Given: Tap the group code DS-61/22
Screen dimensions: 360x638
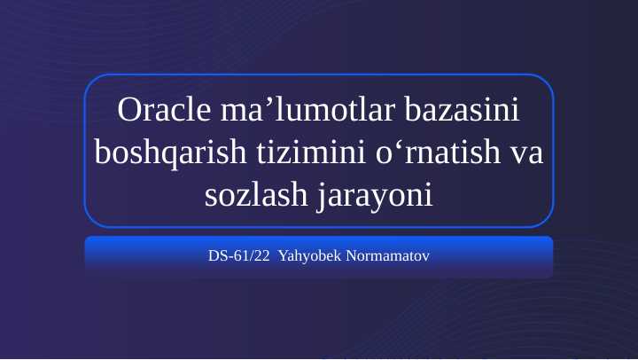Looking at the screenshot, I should click(238, 257).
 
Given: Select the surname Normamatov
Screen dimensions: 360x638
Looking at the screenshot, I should click(383, 257).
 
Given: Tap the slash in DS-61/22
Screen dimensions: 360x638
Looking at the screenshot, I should click(252, 257).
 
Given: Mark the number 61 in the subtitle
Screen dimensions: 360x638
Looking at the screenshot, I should click(243, 257).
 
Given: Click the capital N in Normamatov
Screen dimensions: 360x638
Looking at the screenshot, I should click(341, 257).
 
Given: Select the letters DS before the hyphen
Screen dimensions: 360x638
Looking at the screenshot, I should click(217, 257).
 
